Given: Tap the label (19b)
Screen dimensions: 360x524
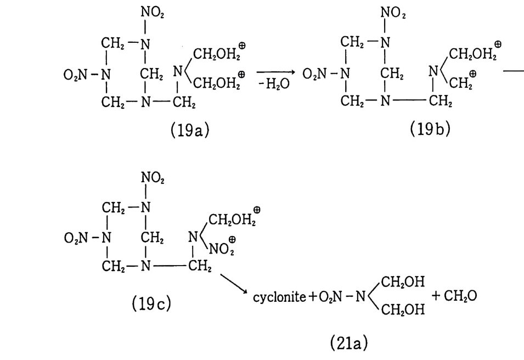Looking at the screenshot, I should click(x=430, y=130).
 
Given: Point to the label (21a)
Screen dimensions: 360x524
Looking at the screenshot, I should click(x=349, y=343).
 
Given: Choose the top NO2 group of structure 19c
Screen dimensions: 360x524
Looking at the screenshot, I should click(x=152, y=177).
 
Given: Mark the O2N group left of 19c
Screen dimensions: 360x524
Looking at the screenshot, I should click(x=76, y=238).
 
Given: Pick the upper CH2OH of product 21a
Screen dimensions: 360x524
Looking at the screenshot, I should click(x=403, y=282).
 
